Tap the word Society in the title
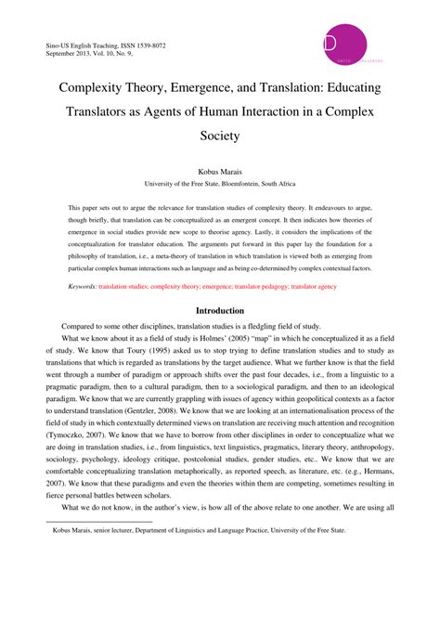(219, 135)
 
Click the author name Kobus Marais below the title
(219, 172)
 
